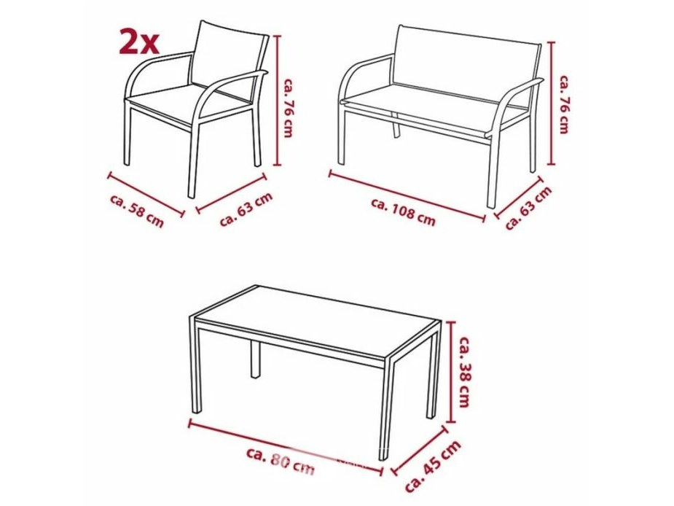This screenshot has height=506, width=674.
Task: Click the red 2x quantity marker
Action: [139, 42]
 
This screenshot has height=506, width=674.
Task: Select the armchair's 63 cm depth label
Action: [246, 209]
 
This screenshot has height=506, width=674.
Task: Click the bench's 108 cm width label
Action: [403, 211]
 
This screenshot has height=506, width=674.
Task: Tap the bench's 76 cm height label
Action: [565, 104]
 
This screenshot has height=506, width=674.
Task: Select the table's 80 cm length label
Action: [281, 461]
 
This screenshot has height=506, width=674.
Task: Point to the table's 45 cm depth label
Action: [433, 466]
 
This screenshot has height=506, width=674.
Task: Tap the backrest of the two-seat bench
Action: [466, 58]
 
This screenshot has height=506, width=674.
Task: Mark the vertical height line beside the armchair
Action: [278, 101]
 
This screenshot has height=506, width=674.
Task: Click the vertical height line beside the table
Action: [451, 373]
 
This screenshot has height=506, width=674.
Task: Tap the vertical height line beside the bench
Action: [553, 103]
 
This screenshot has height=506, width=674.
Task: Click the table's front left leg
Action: [196, 370]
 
